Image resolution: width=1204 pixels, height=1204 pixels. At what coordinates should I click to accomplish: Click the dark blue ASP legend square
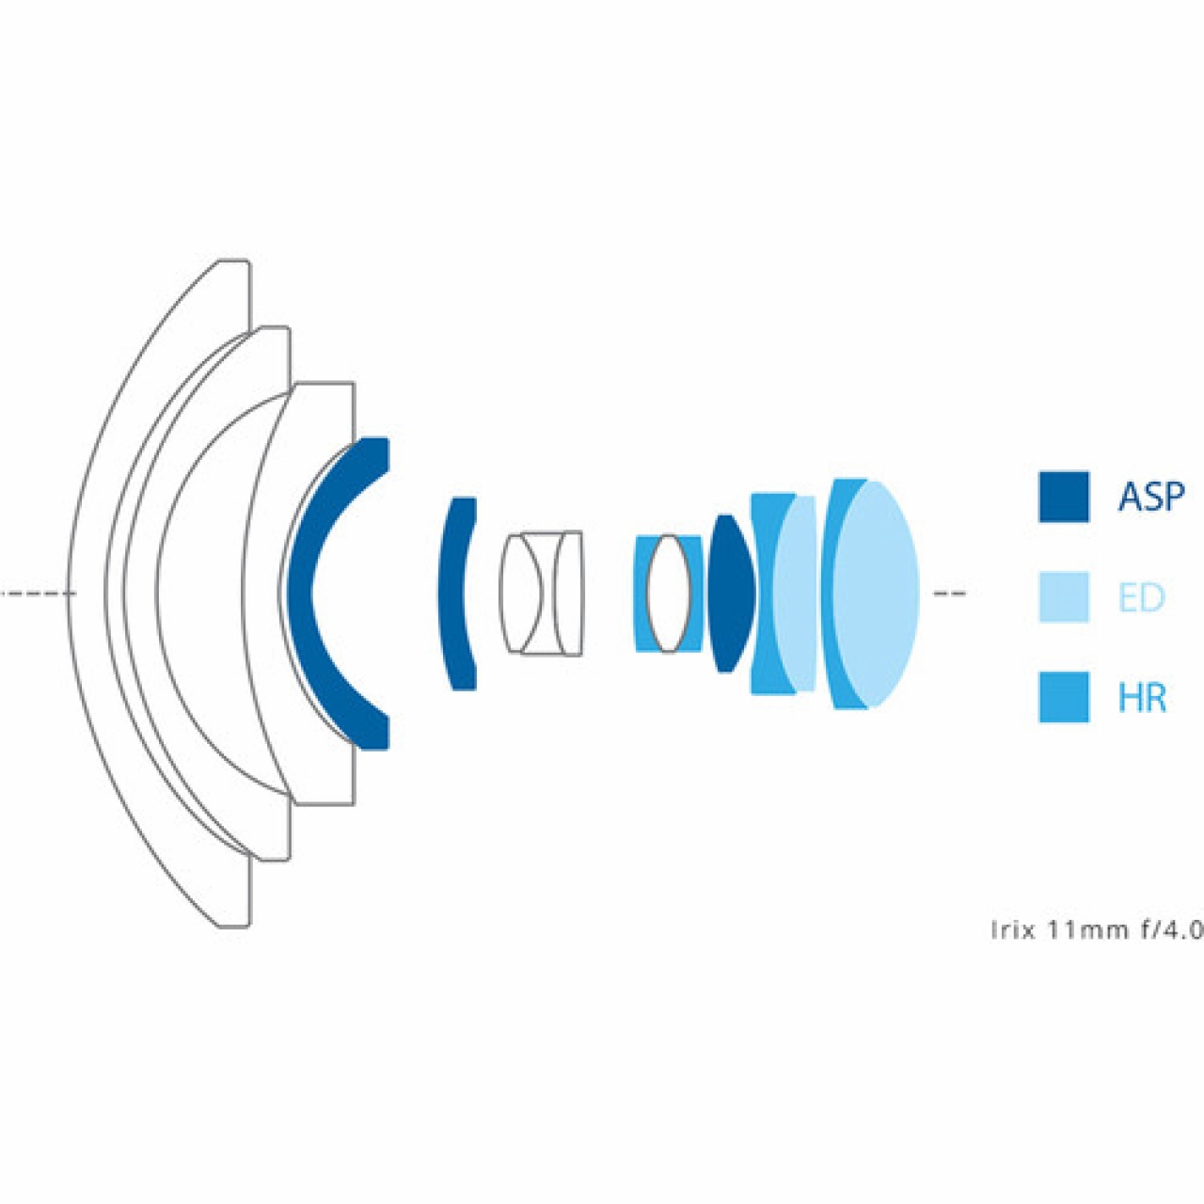coord(1064,496)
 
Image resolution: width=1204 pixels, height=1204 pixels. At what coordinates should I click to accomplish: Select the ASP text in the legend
coord(1151,497)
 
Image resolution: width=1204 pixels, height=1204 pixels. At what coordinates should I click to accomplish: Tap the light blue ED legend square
coord(1064,596)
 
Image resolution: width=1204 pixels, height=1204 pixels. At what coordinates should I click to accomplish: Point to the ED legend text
coord(1142,597)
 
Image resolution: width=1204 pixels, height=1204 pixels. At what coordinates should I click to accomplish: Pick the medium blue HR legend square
coord(1064,697)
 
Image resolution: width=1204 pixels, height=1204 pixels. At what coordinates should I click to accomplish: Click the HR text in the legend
coord(1142,698)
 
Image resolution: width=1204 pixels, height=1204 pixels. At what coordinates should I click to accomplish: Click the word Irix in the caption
coord(1013,930)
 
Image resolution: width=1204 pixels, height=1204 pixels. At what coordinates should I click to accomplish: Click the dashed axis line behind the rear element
coord(948,594)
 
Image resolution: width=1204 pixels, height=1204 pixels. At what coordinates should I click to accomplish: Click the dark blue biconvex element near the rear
coord(732,594)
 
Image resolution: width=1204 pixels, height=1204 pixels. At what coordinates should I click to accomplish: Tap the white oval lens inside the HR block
coord(668,594)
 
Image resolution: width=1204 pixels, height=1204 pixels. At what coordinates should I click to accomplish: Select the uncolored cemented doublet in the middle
coord(542,594)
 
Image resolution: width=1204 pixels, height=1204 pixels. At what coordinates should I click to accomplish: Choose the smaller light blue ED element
coord(798,594)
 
